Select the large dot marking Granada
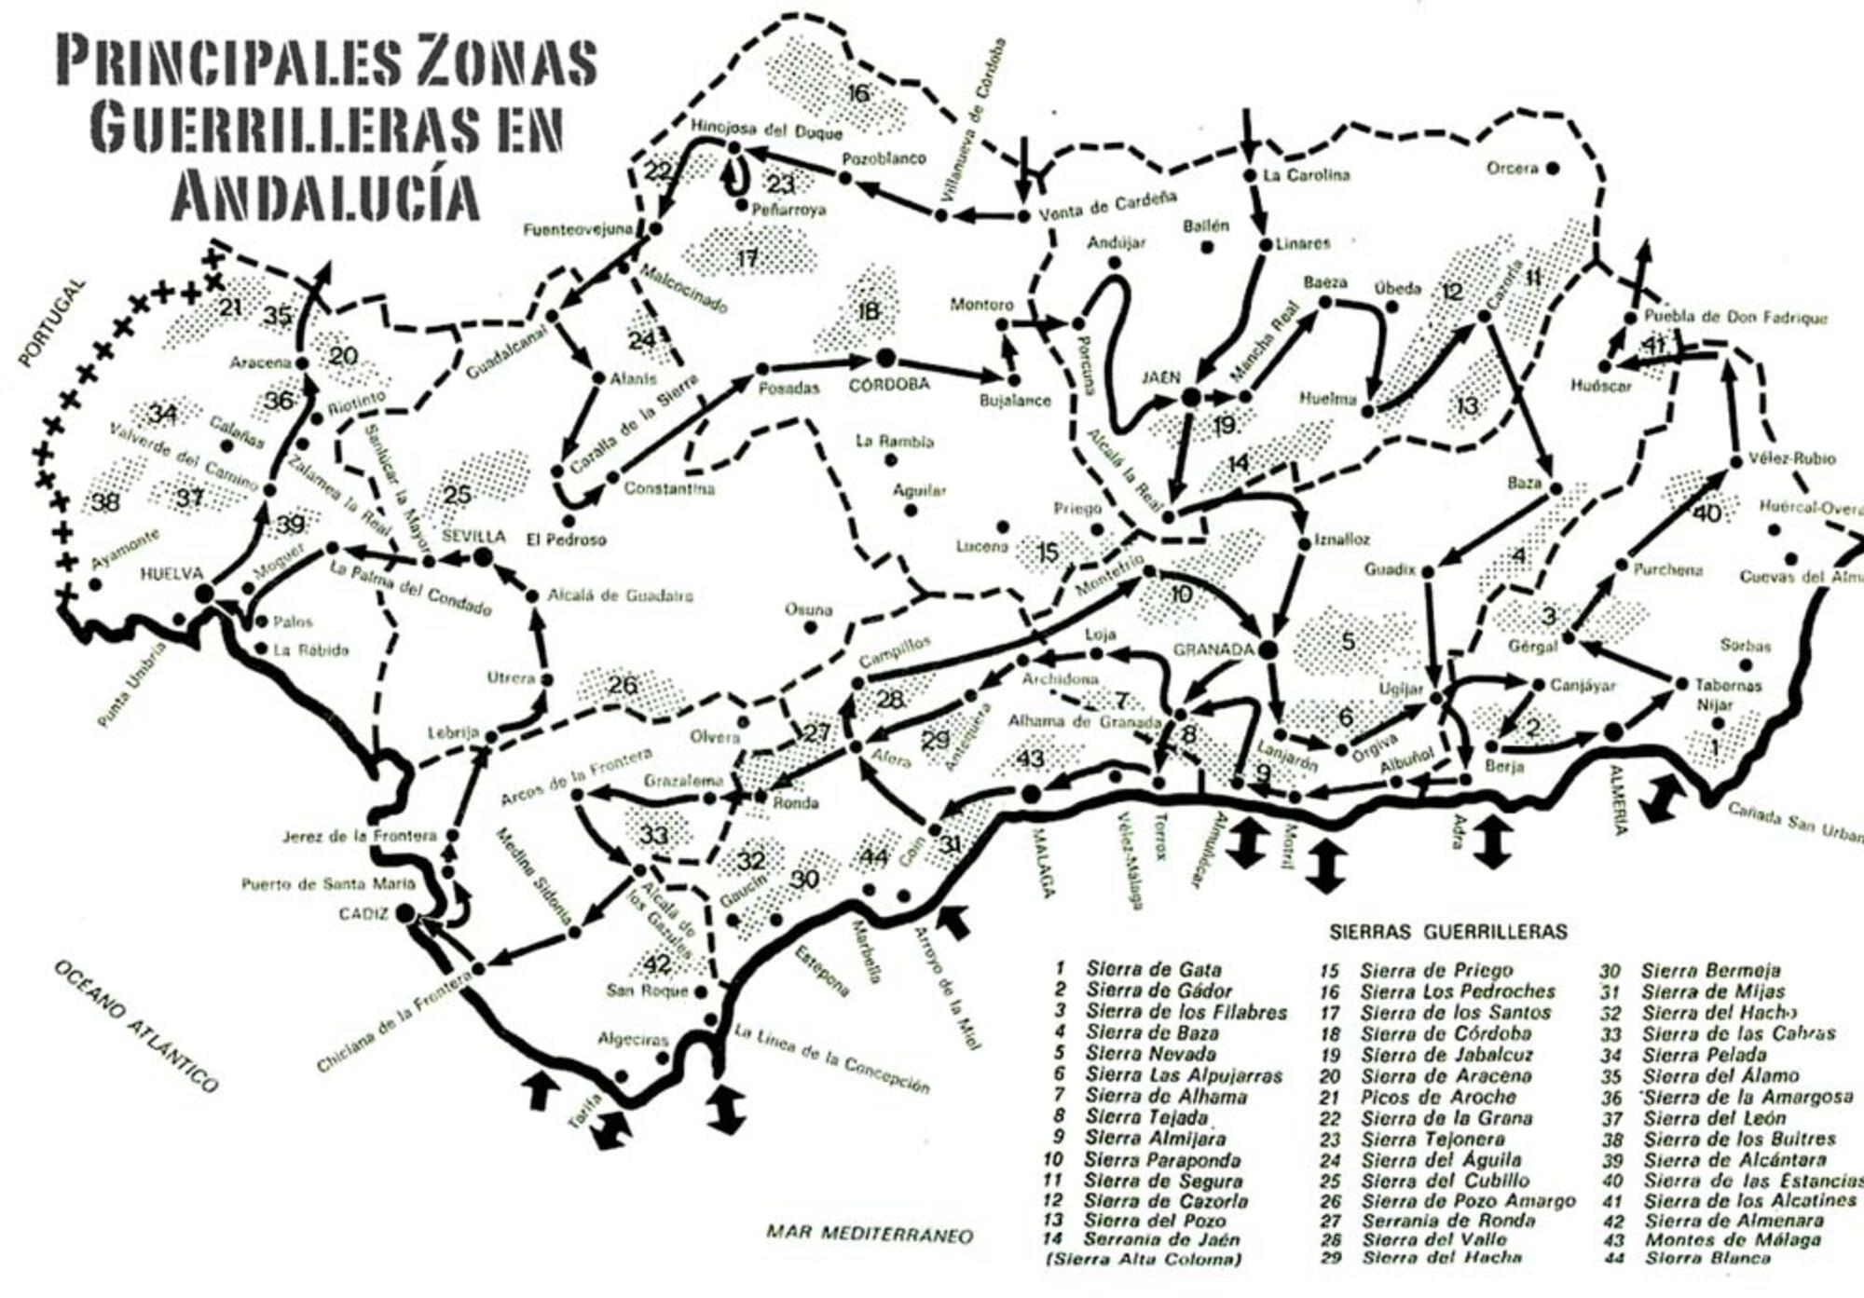(x=1267, y=649)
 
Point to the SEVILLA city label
(x=473, y=537)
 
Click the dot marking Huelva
(x=205, y=593)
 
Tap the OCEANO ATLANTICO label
(x=136, y=1026)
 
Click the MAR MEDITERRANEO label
(x=869, y=1234)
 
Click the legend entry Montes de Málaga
(x=1732, y=1239)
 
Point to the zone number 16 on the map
(x=858, y=92)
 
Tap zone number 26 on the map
(x=623, y=686)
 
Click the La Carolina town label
(x=1306, y=175)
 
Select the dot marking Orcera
(x=1553, y=169)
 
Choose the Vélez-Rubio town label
(x=1791, y=458)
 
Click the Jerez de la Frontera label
(x=359, y=836)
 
